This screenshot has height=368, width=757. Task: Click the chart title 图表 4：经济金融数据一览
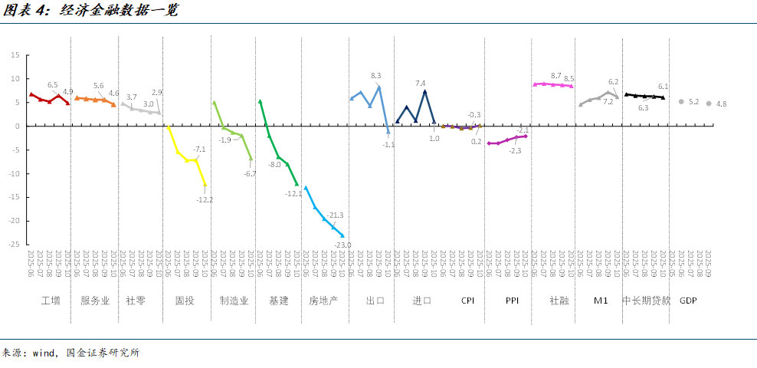coord(90,11)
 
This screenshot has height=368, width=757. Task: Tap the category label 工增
coord(51,301)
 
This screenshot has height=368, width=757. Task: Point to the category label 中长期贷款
coord(645,301)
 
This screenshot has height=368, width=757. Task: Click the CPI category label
coord(467,301)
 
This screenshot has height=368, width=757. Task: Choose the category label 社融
coord(559,301)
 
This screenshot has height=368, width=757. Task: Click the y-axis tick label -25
coord(15,245)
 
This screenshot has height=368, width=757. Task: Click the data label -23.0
coord(342,245)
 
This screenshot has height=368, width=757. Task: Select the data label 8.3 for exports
coord(376,75)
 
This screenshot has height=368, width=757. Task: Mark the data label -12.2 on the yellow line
coord(205,200)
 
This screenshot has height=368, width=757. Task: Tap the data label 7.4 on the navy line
coord(421,83)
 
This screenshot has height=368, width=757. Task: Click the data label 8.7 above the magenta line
coord(556,75)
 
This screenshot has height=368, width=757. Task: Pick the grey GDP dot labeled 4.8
coord(709,103)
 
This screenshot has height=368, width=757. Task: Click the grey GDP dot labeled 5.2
coord(681,101)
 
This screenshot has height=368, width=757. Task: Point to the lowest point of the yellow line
coord(205,185)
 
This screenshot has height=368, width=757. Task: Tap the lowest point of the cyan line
coord(342,235)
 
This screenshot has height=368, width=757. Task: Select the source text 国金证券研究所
coord(103,353)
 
